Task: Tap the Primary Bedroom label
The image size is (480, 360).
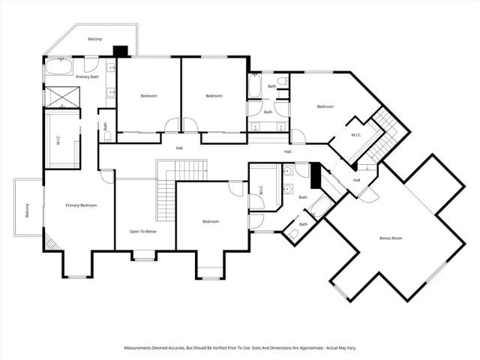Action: pyautogui.click(x=80, y=205)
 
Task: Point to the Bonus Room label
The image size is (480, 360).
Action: pyautogui.click(x=391, y=238)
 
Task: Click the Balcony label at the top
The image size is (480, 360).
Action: pyautogui.click(x=94, y=39)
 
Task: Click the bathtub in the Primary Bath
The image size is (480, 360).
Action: pyautogui.click(x=58, y=67)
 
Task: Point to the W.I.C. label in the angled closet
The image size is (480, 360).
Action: pyautogui.click(x=357, y=135)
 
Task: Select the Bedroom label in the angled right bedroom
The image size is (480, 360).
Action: pyautogui.click(x=325, y=106)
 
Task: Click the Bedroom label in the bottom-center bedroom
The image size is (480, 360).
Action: pyautogui.click(x=211, y=221)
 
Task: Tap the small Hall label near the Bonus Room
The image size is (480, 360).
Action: pyautogui.click(x=356, y=180)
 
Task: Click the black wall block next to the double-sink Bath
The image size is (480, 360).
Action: pyautogui.click(x=315, y=176)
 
